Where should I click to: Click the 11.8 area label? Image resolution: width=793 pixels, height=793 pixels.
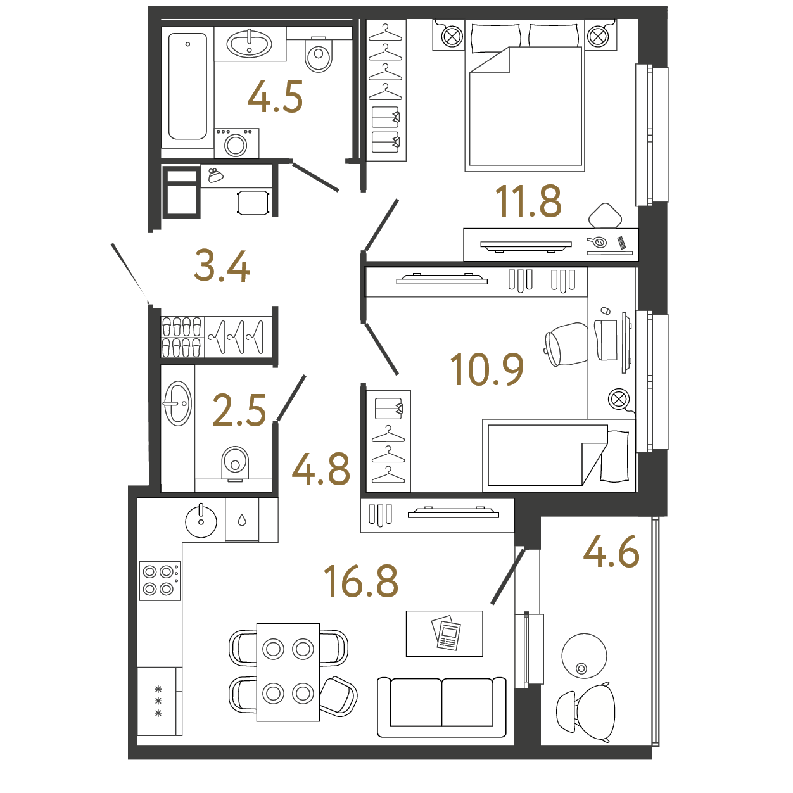click(x=528, y=201)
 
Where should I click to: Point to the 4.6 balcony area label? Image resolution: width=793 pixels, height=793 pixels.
click(x=611, y=552)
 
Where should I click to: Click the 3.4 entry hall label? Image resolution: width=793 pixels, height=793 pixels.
click(x=222, y=266)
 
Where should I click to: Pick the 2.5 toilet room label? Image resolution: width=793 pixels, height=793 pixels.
click(x=239, y=410)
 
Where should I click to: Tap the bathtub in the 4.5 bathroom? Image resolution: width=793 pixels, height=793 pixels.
click(x=187, y=86)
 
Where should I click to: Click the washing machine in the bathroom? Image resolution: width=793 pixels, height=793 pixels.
click(x=236, y=143)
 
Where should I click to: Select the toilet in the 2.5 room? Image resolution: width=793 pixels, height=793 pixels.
click(x=235, y=464)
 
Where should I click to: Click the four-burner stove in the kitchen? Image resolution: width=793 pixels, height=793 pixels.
click(x=160, y=580)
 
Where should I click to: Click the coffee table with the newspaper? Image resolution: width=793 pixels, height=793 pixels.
click(x=444, y=633)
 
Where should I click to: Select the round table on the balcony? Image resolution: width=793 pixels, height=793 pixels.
click(x=584, y=656)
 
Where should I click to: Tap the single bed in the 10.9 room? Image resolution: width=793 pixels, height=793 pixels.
click(x=559, y=455)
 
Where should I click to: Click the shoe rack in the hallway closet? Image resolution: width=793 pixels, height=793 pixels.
click(x=182, y=337)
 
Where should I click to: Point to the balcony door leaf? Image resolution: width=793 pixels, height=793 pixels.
click(x=508, y=577)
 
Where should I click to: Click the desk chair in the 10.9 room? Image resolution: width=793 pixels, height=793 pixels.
click(x=567, y=345)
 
